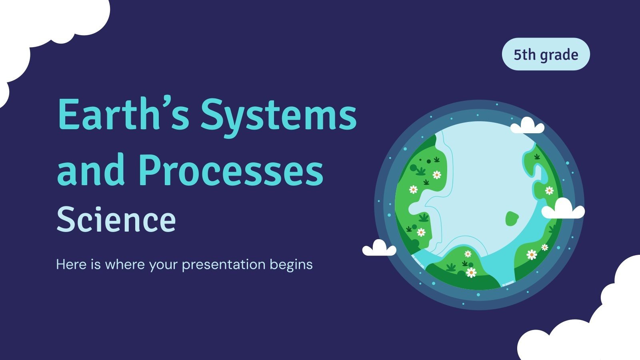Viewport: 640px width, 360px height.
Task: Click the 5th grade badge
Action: [x=546, y=54]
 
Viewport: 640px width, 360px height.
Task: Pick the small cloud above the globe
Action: [x=527, y=126]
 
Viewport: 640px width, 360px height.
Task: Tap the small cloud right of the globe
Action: [x=563, y=210]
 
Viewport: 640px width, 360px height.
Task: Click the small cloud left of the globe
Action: [x=379, y=248]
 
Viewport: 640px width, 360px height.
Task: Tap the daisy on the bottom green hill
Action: [x=471, y=272]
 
